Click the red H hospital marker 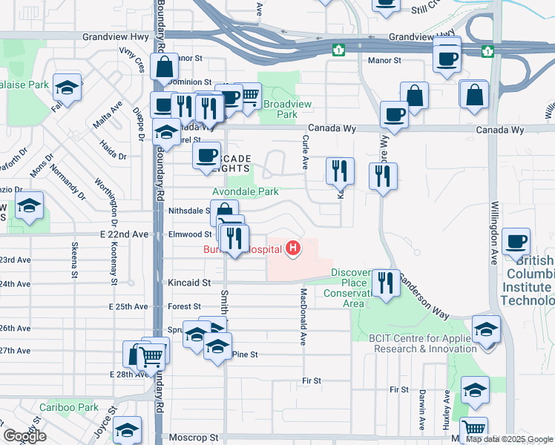[x=293, y=248]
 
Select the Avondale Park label [x=246, y=191]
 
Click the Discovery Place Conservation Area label [x=357, y=288]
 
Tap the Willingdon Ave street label [x=493, y=233]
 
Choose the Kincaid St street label [x=185, y=283]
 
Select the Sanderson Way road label [x=425, y=295]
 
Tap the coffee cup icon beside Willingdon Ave [x=516, y=241]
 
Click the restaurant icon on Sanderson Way [x=384, y=283]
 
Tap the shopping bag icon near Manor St [x=163, y=66]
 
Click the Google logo [x=24, y=436]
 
